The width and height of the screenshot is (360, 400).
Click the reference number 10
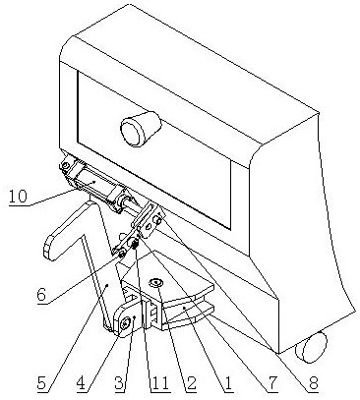(18, 197)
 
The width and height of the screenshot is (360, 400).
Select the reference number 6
(41, 295)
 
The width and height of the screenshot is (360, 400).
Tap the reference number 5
(41, 382)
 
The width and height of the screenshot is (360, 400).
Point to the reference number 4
(83, 382)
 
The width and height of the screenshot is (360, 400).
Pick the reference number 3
(120, 382)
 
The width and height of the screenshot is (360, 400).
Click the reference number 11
(159, 382)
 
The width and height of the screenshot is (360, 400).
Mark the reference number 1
(228, 382)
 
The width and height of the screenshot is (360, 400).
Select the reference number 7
(272, 382)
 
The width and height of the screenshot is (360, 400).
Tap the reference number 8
(313, 382)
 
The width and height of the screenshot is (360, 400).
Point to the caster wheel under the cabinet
(312, 347)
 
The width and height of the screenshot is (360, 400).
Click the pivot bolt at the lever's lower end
(125, 323)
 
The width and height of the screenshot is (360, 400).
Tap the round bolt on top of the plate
(155, 282)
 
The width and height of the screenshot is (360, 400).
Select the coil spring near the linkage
(134, 244)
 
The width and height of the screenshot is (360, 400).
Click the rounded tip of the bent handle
(50, 248)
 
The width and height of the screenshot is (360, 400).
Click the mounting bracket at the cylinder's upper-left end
(68, 168)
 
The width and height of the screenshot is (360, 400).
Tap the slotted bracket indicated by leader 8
(147, 219)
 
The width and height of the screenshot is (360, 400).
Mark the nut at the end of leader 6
(122, 254)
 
